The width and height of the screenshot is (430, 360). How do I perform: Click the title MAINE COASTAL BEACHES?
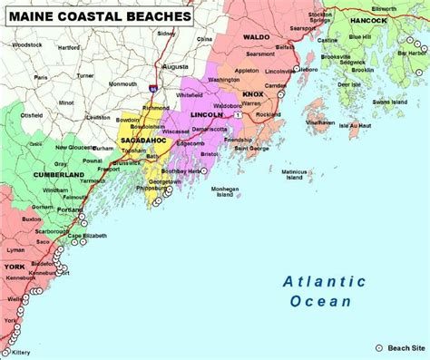pyautogui.click(x=100, y=16)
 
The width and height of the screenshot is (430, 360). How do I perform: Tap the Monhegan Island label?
pyautogui.click(x=225, y=192)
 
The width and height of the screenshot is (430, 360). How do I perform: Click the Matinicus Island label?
pyautogui.click(x=294, y=173)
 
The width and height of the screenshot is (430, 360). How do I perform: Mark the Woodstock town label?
pyautogui.click(x=27, y=44)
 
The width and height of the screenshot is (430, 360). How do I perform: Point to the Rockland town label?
pyautogui.click(x=269, y=115)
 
